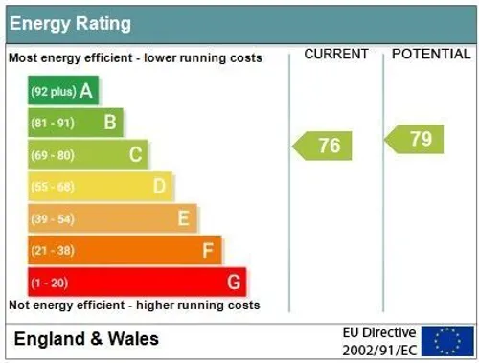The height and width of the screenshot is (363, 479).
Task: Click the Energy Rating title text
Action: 70,24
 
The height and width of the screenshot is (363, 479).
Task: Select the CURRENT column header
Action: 336,54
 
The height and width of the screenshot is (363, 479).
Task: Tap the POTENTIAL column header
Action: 431,54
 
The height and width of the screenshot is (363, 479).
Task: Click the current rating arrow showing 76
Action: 322,146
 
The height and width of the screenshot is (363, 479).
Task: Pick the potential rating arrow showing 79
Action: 414,139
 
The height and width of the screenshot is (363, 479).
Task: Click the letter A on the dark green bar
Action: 86,91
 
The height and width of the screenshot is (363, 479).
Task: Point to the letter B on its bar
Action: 110,123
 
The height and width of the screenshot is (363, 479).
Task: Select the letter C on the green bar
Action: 135,154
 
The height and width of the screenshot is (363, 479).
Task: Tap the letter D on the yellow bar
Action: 159,186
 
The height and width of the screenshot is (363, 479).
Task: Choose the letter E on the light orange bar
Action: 184,218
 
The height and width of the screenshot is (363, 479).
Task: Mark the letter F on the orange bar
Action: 208,250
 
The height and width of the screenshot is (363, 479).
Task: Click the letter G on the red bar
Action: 234,283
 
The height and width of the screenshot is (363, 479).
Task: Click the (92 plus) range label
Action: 54,92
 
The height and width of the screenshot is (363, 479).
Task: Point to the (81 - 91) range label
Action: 53,123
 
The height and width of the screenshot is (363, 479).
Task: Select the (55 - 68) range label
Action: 53,187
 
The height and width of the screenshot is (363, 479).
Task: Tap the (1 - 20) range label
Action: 50,283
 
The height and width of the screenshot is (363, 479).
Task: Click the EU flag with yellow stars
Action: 447,341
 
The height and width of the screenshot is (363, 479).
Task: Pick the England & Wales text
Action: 86,339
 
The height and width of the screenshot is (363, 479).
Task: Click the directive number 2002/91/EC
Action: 379,351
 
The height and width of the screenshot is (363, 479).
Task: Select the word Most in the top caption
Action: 23,58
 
